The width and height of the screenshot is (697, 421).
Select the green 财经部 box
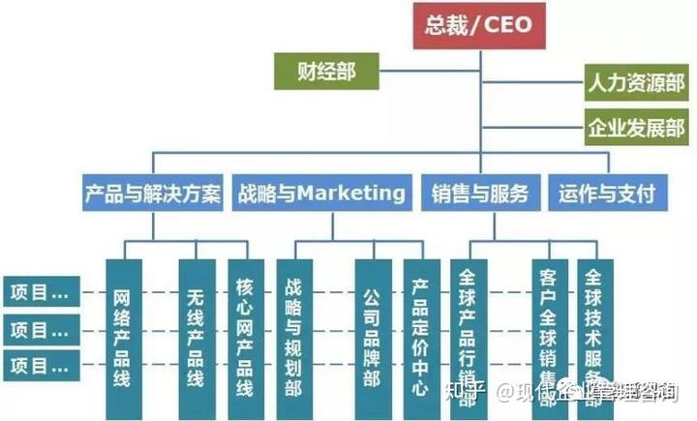pos(324,72)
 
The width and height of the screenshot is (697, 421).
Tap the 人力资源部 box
pos(635,83)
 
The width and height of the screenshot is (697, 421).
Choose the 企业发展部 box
pos(635,127)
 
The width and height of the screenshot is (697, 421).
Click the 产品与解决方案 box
pos(152,193)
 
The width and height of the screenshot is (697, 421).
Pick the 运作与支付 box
pos(607,193)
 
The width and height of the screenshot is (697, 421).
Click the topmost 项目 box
pos(40,290)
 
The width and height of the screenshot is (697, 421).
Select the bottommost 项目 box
pos(40,365)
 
